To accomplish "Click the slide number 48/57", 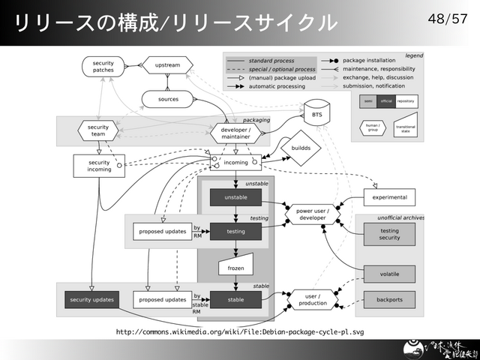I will (451, 17).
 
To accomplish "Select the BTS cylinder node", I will (316, 115).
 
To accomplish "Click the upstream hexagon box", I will (167, 66).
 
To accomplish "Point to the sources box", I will (168, 99).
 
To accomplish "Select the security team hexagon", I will (98, 131).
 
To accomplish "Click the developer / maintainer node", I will (235, 133).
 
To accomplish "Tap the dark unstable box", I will (235, 197).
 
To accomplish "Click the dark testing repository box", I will (235, 232).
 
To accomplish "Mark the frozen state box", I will (235, 267).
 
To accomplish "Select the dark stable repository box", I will (235, 300).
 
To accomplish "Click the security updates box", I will (91, 300).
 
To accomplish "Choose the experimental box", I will (389, 198).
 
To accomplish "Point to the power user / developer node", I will (313, 214).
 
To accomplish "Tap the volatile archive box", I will (389, 274).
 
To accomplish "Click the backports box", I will (389, 300).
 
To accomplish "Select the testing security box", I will (389, 234).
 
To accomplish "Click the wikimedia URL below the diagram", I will (240, 331).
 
